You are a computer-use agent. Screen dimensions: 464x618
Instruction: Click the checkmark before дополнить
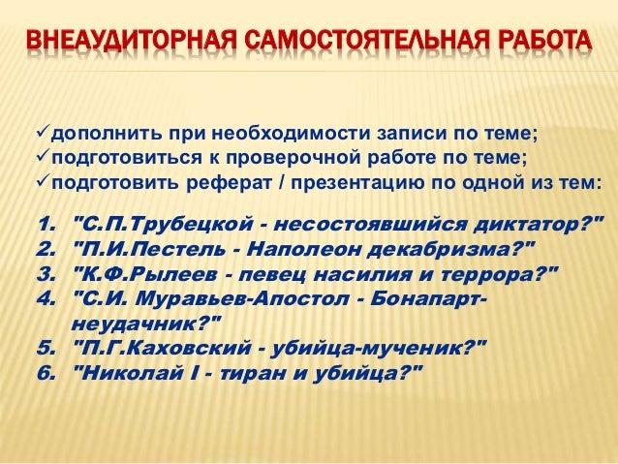42,133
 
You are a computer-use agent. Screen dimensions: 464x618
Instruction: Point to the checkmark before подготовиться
42,158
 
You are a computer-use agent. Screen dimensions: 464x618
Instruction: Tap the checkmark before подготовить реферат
42,183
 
